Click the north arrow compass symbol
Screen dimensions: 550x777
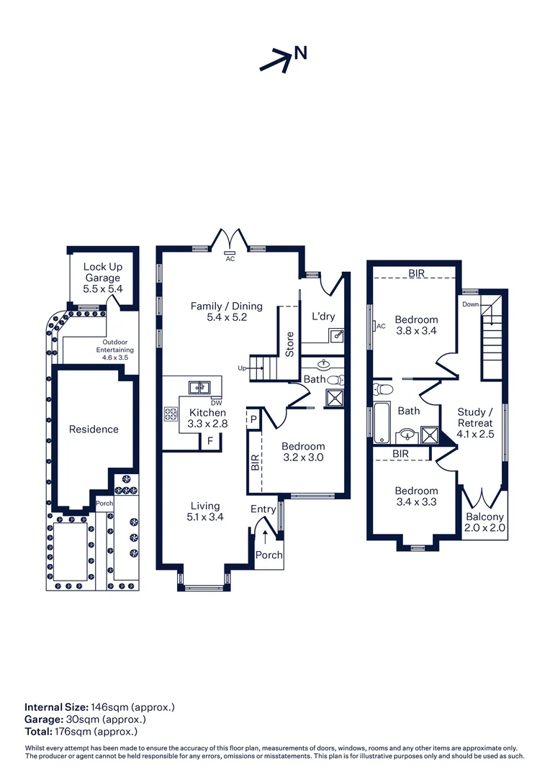coord(283,60)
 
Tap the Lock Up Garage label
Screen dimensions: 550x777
coord(103,272)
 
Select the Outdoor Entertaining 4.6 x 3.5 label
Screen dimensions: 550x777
coord(115,350)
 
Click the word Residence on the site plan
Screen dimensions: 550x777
coord(94,429)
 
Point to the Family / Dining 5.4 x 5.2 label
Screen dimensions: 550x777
coord(227,312)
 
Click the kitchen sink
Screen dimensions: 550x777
coord(200,386)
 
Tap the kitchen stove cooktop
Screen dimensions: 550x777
coord(171,414)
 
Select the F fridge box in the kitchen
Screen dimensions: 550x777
coord(210,441)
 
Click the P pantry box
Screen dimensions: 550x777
coord(253,419)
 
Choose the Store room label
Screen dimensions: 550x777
coord(289,345)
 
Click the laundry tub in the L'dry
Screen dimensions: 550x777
coord(337,335)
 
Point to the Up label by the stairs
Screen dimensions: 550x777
coord(242,368)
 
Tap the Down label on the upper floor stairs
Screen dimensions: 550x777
coord(470,304)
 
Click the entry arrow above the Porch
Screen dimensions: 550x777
coord(266,537)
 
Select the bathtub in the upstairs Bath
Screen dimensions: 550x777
coord(381,423)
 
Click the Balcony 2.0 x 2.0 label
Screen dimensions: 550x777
coord(484,522)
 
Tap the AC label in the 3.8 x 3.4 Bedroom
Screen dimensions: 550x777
coord(381,326)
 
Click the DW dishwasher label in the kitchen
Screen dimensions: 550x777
coord(217,402)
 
